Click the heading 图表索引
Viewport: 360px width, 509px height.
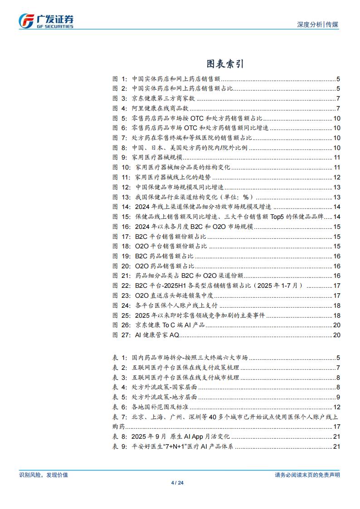225,63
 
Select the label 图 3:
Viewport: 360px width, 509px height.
120,98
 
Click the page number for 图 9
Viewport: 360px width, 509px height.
337,157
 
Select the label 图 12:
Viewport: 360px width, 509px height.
122,187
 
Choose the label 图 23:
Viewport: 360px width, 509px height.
122,296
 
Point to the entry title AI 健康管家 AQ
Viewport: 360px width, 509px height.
158,335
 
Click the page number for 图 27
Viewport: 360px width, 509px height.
337,335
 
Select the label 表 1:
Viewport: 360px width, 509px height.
120,358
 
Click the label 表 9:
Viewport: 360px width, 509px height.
120,447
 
